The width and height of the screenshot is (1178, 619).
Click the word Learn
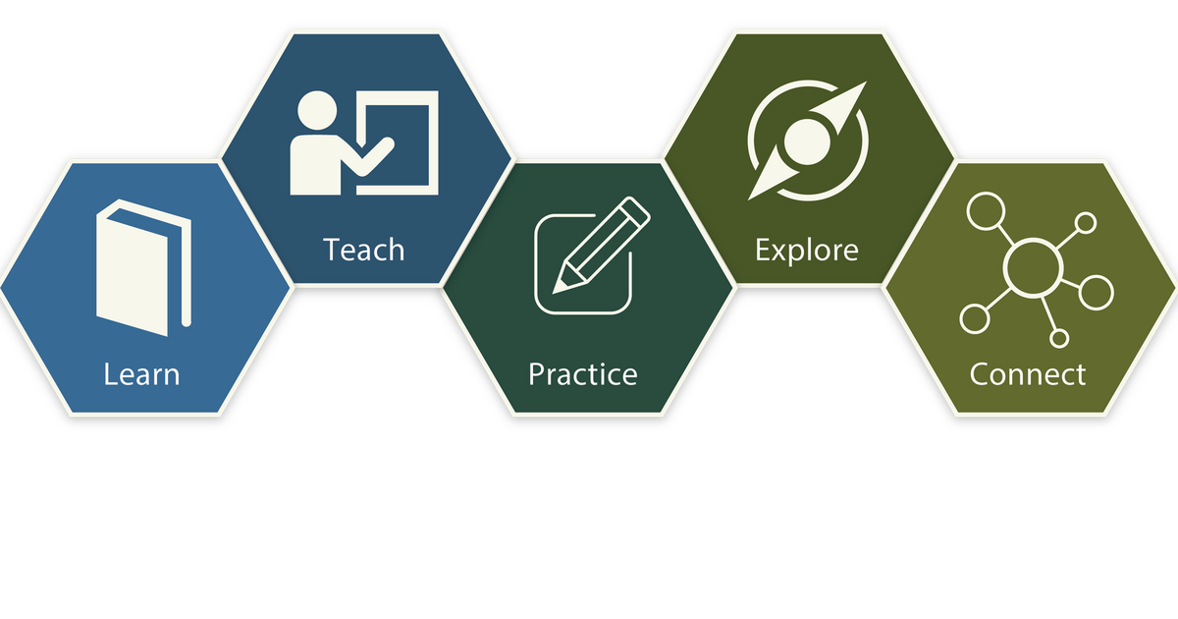pyautogui.click(x=141, y=374)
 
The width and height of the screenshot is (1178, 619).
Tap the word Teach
pyautogui.click(x=364, y=250)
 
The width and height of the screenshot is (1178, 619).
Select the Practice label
pyautogui.click(x=582, y=374)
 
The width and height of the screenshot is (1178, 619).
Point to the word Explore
pyautogui.click(x=806, y=250)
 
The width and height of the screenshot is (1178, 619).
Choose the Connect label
pyautogui.click(x=1027, y=374)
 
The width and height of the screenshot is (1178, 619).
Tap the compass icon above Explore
pyautogui.click(x=807, y=140)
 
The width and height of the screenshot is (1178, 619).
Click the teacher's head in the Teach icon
pyautogui.click(x=317, y=111)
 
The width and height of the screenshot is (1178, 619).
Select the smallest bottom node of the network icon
pyautogui.click(x=1058, y=338)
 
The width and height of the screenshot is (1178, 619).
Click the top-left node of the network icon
pyautogui.click(x=981, y=210)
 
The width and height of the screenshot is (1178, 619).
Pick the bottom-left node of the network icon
pyautogui.click(x=974, y=318)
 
